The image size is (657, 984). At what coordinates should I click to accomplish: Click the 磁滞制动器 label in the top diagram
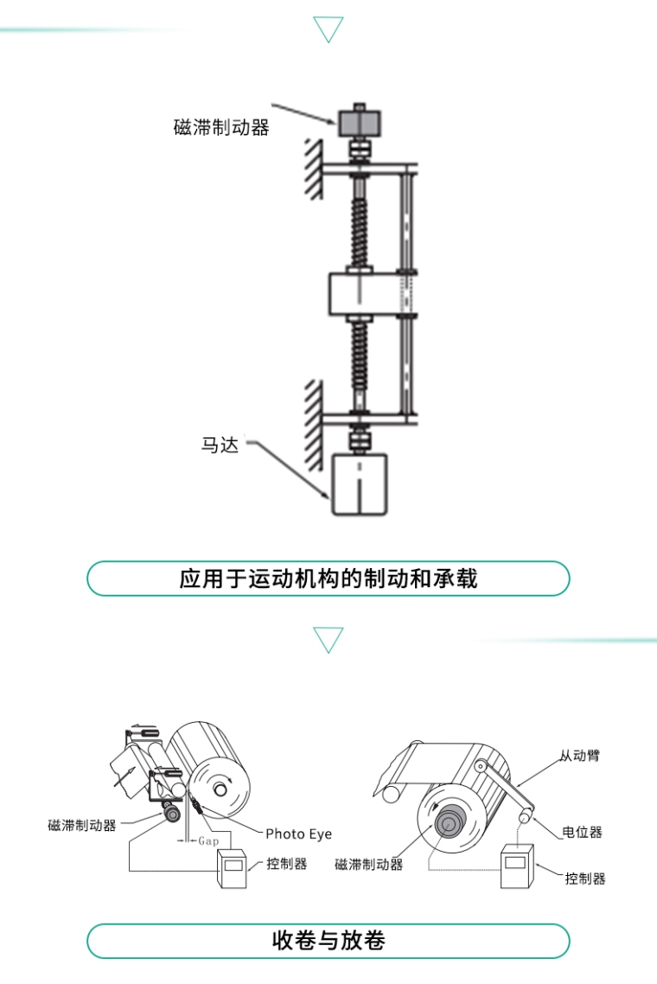[x=221, y=128]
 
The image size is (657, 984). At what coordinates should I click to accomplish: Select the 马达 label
[x=220, y=446]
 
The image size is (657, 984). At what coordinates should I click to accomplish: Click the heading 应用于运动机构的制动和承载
[x=328, y=578]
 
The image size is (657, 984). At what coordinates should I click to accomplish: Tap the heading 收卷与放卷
[x=328, y=940]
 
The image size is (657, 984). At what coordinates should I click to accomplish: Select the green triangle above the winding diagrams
[x=328, y=640]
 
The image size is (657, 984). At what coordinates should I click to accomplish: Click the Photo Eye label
[x=298, y=834]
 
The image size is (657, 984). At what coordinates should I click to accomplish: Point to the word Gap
[x=208, y=840]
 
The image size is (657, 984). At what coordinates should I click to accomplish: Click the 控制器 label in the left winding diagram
[x=287, y=864]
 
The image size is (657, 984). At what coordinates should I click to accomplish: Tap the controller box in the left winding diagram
[x=233, y=867]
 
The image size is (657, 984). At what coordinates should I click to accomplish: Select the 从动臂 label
[x=579, y=756]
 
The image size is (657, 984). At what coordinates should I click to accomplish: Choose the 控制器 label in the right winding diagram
[x=585, y=879]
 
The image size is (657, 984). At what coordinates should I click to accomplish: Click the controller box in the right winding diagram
[x=519, y=866]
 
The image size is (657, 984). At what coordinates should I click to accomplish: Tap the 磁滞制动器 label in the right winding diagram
[x=369, y=864]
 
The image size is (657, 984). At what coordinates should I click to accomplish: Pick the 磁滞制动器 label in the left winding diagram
[x=82, y=825]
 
